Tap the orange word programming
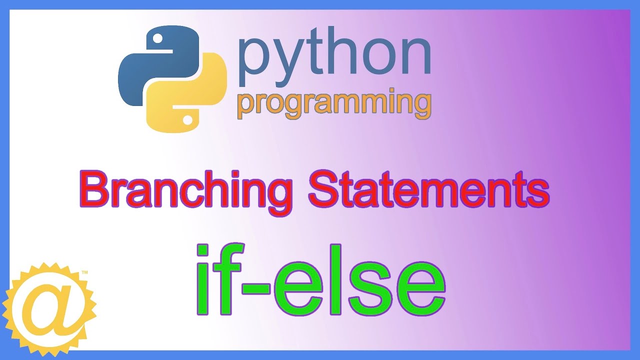[x=334, y=104]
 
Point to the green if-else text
[x=320, y=281]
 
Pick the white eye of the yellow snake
[x=187, y=119]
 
